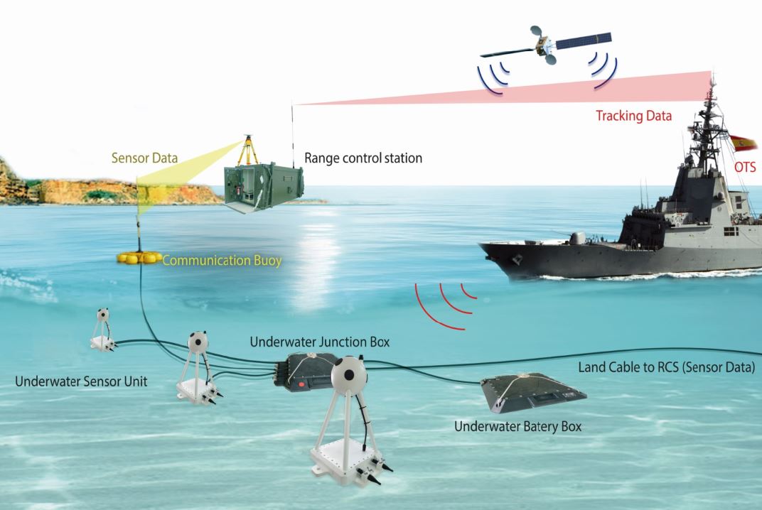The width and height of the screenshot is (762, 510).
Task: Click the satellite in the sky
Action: coord(545,45)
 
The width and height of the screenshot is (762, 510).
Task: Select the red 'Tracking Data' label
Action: coord(633,116)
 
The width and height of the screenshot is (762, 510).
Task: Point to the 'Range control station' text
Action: coord(363,158)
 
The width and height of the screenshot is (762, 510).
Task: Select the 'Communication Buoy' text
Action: coord(222,261)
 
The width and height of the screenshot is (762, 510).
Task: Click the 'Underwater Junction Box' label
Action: coord(320,342)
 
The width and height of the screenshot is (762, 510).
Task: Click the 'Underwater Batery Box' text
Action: coord(517,427)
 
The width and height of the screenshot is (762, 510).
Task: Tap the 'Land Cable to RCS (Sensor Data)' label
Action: coord(666,367)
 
